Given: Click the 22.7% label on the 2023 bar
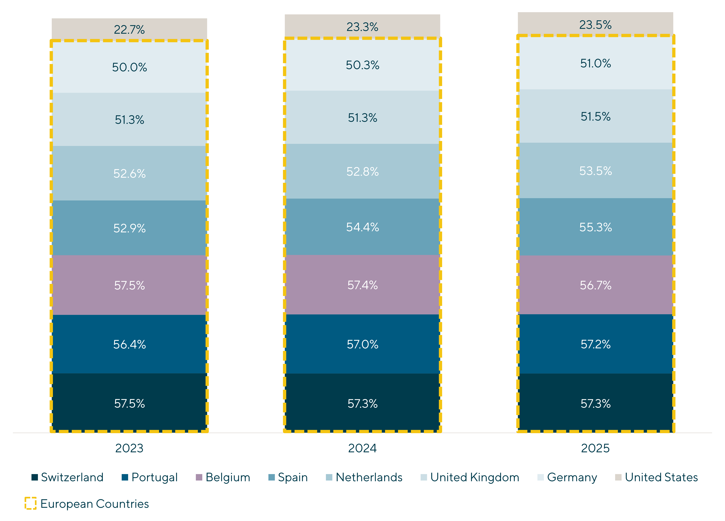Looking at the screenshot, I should tap(129, 30).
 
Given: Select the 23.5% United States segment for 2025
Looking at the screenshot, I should tap(595, 25).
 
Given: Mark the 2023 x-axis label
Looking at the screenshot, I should tap(129, 448).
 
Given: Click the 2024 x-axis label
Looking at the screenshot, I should tap(362, 448).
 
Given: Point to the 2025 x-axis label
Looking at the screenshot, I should tap(595, 448).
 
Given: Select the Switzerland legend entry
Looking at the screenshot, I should tap(72, 477).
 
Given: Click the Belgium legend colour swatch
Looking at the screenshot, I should tap(199, 477).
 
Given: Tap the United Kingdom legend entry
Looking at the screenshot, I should tap(474, 477).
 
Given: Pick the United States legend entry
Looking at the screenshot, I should tap(661, 477).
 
